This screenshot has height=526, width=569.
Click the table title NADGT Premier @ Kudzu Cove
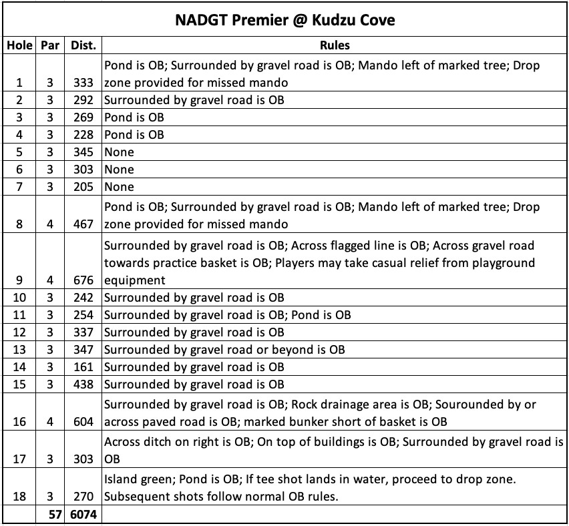pyautogui.click(x=284, y=20)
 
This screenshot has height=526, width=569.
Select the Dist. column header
pyautogui.click(x=83, y=46)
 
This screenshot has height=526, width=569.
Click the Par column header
pyautogui.click(x=49, y=46)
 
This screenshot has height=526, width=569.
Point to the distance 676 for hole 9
pyautogui.click(x=83, y=280)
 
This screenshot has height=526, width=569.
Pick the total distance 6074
pyautogui.click(x=83, y=515)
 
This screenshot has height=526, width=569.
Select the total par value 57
pyautogui.click(x=49, y=515)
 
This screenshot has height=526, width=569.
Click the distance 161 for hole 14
pyautogui.click(x=83, y=367)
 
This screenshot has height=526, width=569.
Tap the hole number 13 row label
pyautogui.click(x=19, y=350)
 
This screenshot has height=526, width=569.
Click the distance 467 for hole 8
pyautogui.click(x=83, y=224)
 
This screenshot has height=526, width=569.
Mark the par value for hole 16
pyautogui.click(x=49, y=422)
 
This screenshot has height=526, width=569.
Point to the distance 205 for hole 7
pyautogui.click(x=83, y=187)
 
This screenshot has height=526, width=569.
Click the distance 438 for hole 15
pyautogui.click(x=83, y=384)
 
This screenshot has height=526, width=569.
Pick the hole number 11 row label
pyautogui.click(x=19, y=315)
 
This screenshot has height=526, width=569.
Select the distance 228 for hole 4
pyautogui.click(x=83, y=135)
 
